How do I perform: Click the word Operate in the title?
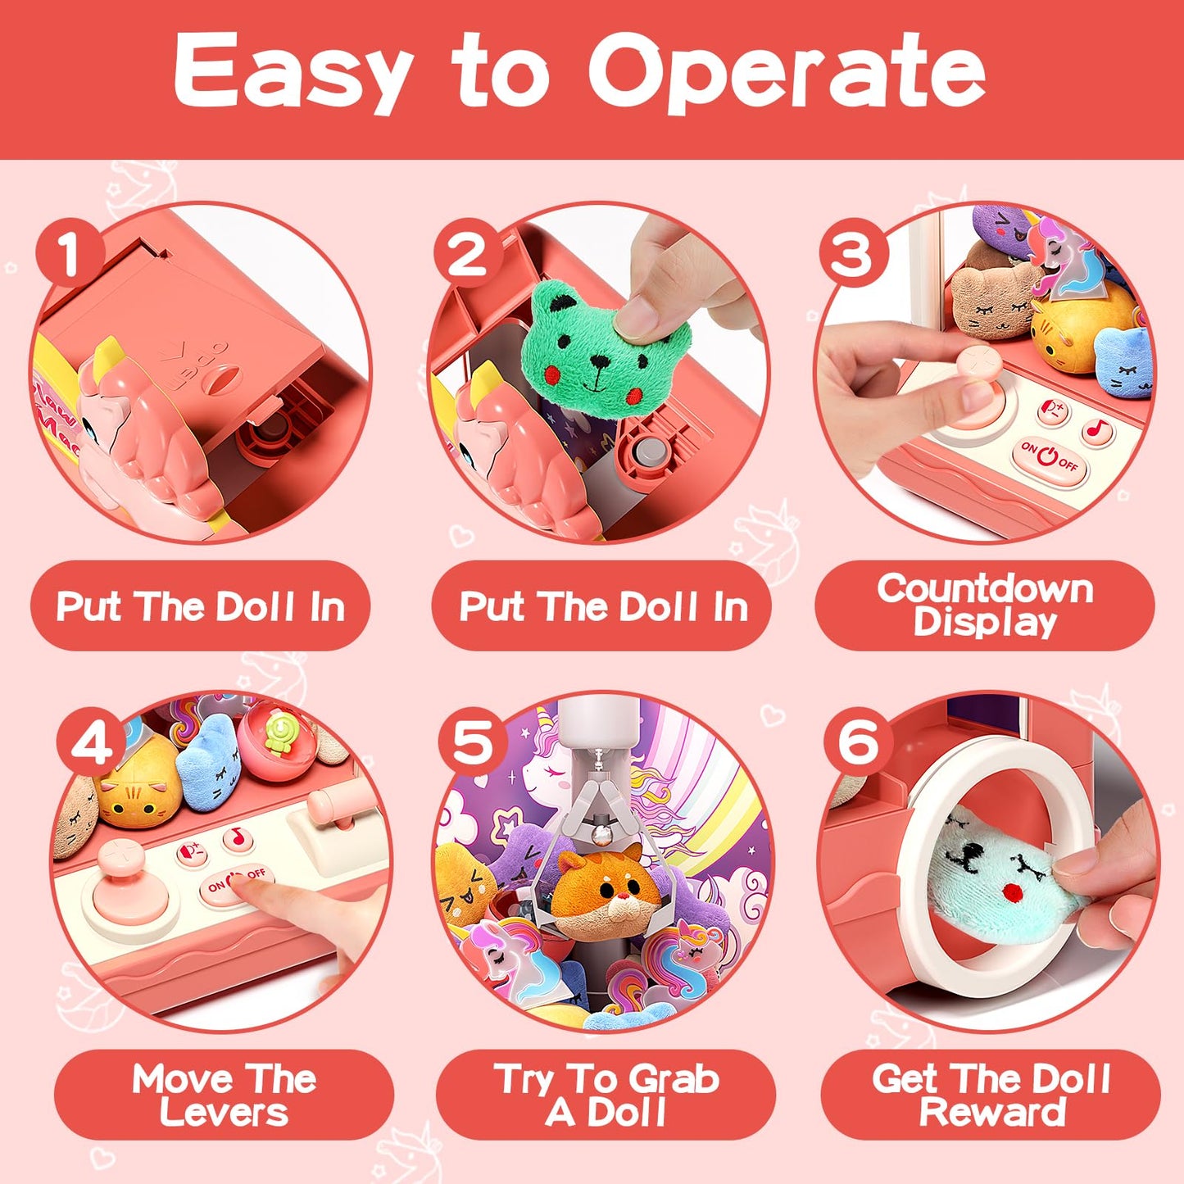[x=787, y=72]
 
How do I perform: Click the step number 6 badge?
[x=858, y=742]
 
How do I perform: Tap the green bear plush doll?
[x=606, y=347]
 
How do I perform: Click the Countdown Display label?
[x=985, y=606]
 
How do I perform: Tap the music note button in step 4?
[x=237, y=837]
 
